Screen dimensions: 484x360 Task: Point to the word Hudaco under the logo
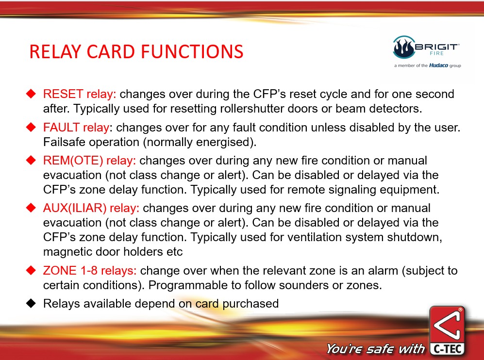coord(438,65)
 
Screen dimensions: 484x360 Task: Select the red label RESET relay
coord(80,94)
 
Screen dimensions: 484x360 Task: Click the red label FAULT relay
coord(76,128)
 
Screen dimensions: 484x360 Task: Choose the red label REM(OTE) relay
coord(89,161)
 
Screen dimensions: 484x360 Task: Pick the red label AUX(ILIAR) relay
coord(91,208)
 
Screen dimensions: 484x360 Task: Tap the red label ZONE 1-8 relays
coord(90,271)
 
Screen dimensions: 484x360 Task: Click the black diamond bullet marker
coord(31,303)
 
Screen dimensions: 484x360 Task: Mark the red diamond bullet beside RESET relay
coord(31,94)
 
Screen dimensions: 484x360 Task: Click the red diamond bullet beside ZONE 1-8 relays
coord(31,271)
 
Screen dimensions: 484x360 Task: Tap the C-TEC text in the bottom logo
coord(448,349)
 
